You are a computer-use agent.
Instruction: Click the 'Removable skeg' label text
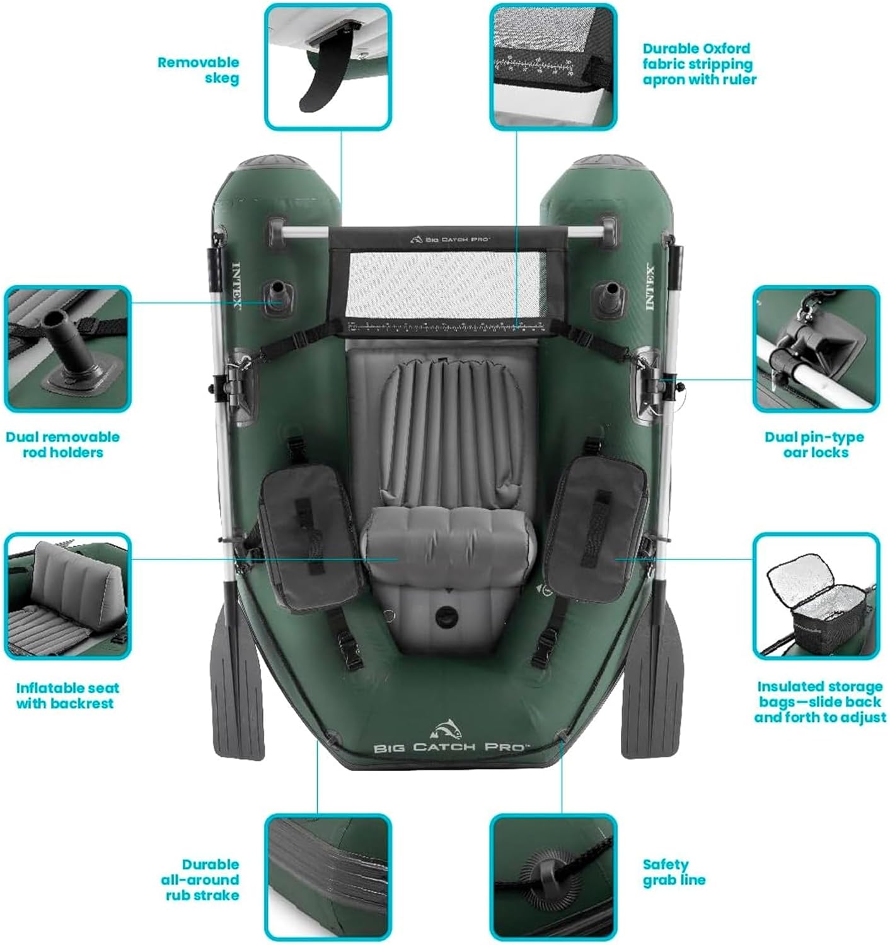point(198,70)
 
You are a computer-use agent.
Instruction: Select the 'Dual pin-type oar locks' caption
point(815,444)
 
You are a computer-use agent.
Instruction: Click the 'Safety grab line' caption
point(674,872)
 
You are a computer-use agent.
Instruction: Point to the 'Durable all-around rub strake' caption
point(200,879)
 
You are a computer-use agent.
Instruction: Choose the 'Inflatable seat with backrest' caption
point(67,696)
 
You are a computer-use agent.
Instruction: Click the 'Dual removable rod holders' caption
point(62,444)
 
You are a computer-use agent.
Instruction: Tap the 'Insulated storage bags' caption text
point(819,701)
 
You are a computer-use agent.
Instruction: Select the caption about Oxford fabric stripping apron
point(699,64)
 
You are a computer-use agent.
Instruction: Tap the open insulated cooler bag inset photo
point(815,595)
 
